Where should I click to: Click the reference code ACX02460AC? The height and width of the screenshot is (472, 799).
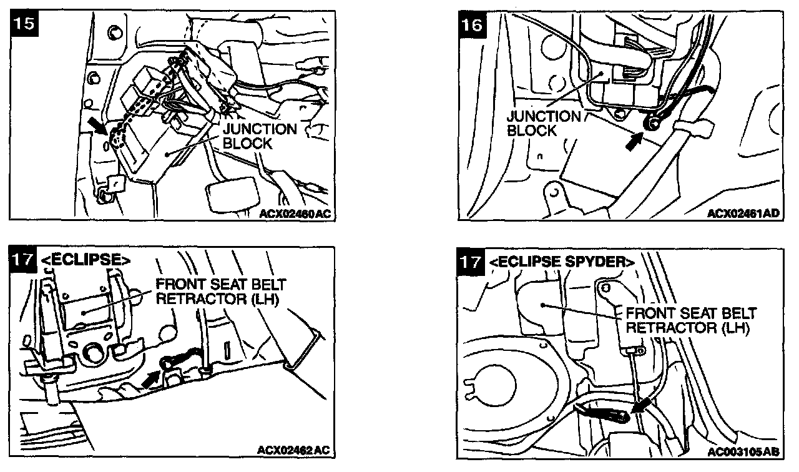pos(295,214)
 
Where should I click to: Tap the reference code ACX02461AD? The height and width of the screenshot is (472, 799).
pos(743,214)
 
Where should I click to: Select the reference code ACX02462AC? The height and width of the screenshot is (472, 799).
pos(293,450)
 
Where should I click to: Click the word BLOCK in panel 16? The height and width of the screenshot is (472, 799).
pos(532,130)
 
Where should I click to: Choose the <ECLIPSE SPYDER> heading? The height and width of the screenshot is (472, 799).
pos(562,262)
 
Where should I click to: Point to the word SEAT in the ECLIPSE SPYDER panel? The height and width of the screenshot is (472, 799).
pos(697,313)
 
